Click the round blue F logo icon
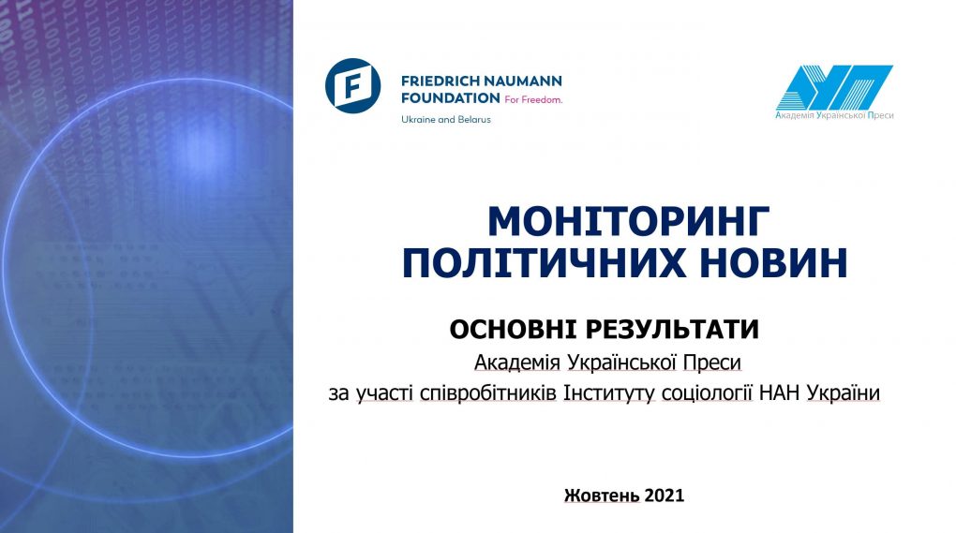[x=353, y=86]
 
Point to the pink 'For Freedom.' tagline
[x=533, y=99]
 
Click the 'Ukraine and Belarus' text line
[x=446, y=119]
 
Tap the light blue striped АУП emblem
[x=835, y=87]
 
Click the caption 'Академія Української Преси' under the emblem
[x=835, y=115]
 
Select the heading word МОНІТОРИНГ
[x=629, y=222]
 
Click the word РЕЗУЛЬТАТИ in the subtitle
[x=672, y=330]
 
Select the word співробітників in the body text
[x=488, y=392]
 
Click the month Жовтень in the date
[x=602, y=496]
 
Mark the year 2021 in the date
[x=665, y=496]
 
